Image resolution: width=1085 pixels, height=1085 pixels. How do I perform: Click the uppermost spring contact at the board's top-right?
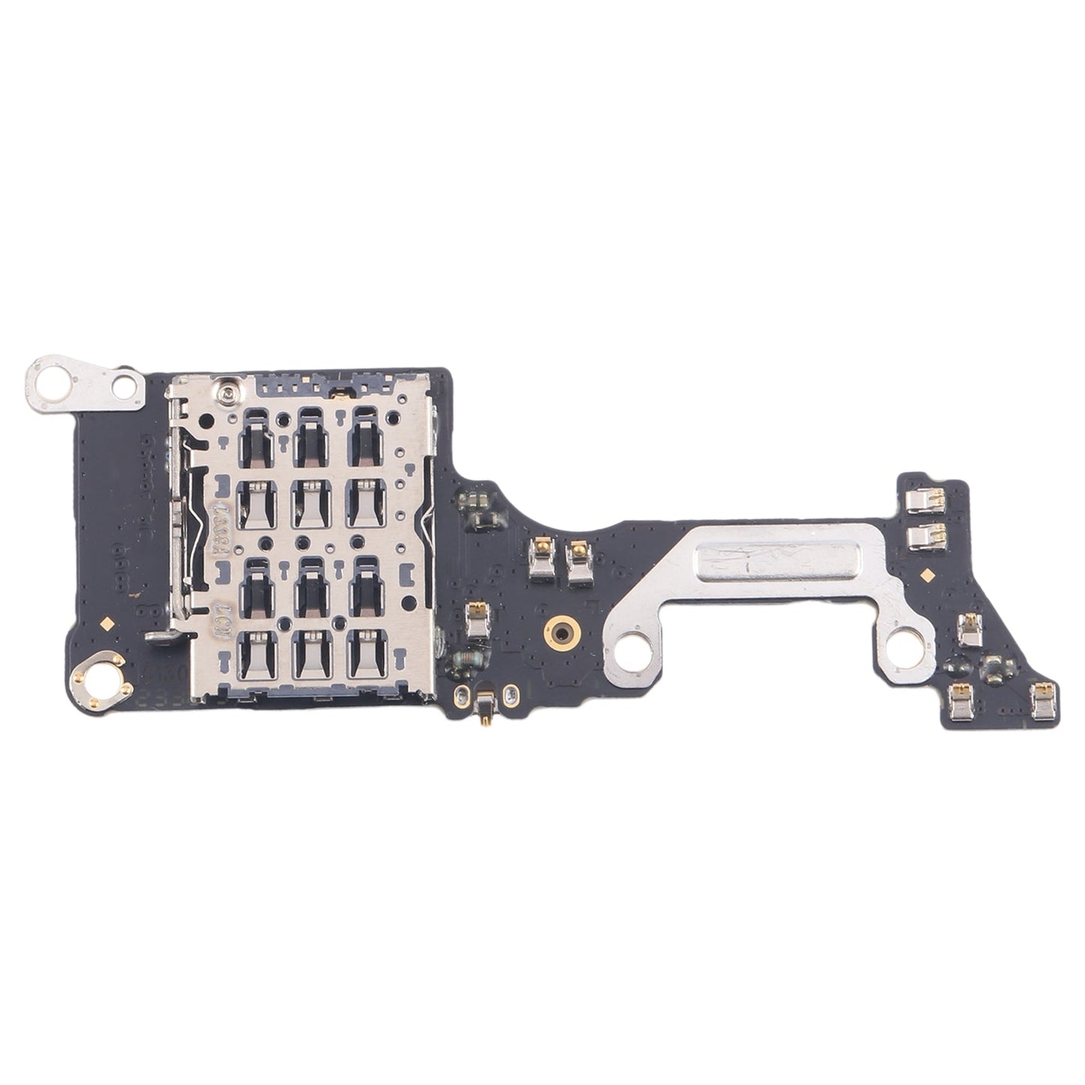point(921,499)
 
